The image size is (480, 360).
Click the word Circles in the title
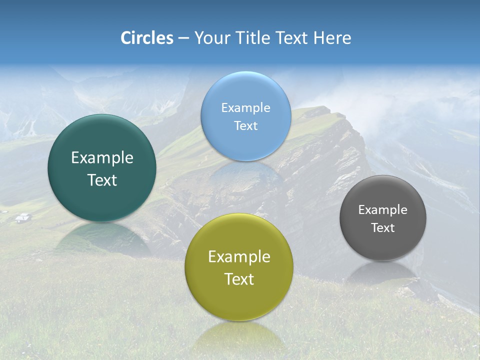[147, 38]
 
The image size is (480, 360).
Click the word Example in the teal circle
[102, 158]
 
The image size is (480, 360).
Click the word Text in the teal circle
[102, 180]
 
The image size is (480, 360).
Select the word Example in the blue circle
[245, 107]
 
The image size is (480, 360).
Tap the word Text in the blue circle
[245, 125]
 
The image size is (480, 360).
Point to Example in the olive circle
[239, 257]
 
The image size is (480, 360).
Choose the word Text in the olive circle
[239, 279]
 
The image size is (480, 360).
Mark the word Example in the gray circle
[383, 209]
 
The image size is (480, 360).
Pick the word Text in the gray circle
[383, 227]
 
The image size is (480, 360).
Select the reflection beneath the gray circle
[382, 272]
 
